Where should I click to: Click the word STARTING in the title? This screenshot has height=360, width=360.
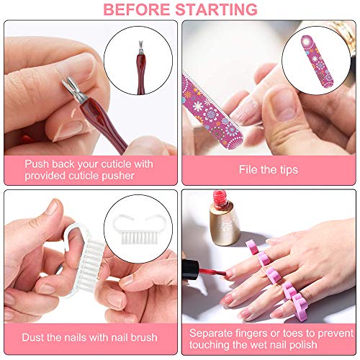tap(218, 9)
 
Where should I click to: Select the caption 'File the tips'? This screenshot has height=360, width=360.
tap(269, 171)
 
